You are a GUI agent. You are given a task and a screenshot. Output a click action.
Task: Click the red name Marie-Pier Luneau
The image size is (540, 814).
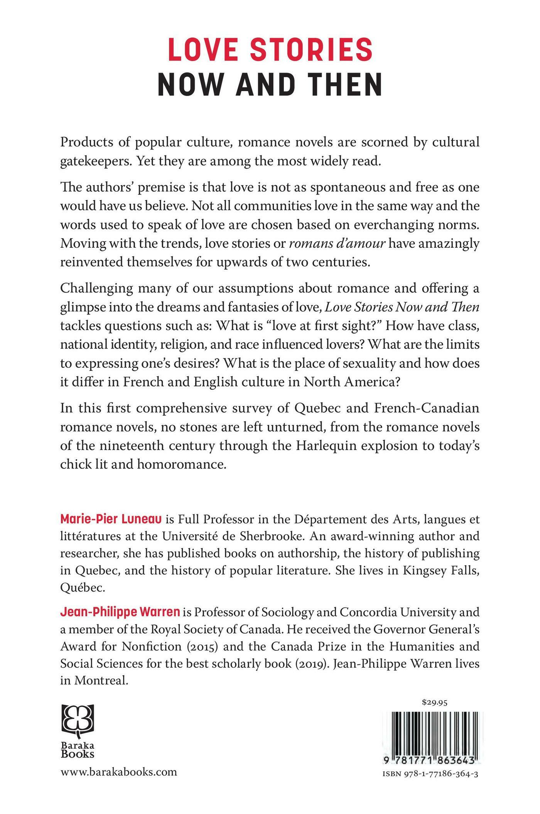(111, 520)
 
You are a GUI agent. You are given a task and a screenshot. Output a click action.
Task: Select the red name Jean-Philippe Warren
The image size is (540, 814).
(120, 613)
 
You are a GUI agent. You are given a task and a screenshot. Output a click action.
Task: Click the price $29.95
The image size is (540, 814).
(435, 703)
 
